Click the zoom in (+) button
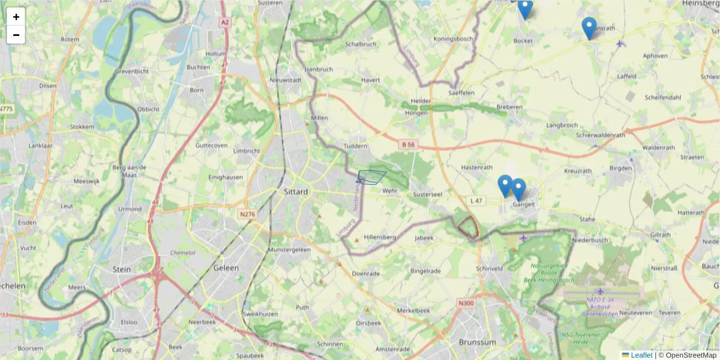coord(16,17)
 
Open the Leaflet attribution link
coord(641,355)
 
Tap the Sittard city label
coord(295,192)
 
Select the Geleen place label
coord(226,268)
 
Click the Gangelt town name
coord(524,204)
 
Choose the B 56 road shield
coord(409,145)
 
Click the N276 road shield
coord(247,214)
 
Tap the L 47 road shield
coord(476,200)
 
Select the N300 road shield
coord(466,303)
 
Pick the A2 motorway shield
coord(224,22)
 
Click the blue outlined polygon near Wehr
coord(372,176)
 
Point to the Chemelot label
coord(183,253)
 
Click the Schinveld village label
coord(488,268)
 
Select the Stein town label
coord(122,269)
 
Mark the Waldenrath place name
coord(658,147)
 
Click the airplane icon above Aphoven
coord(620,43)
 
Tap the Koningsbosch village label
coord(453,39)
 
